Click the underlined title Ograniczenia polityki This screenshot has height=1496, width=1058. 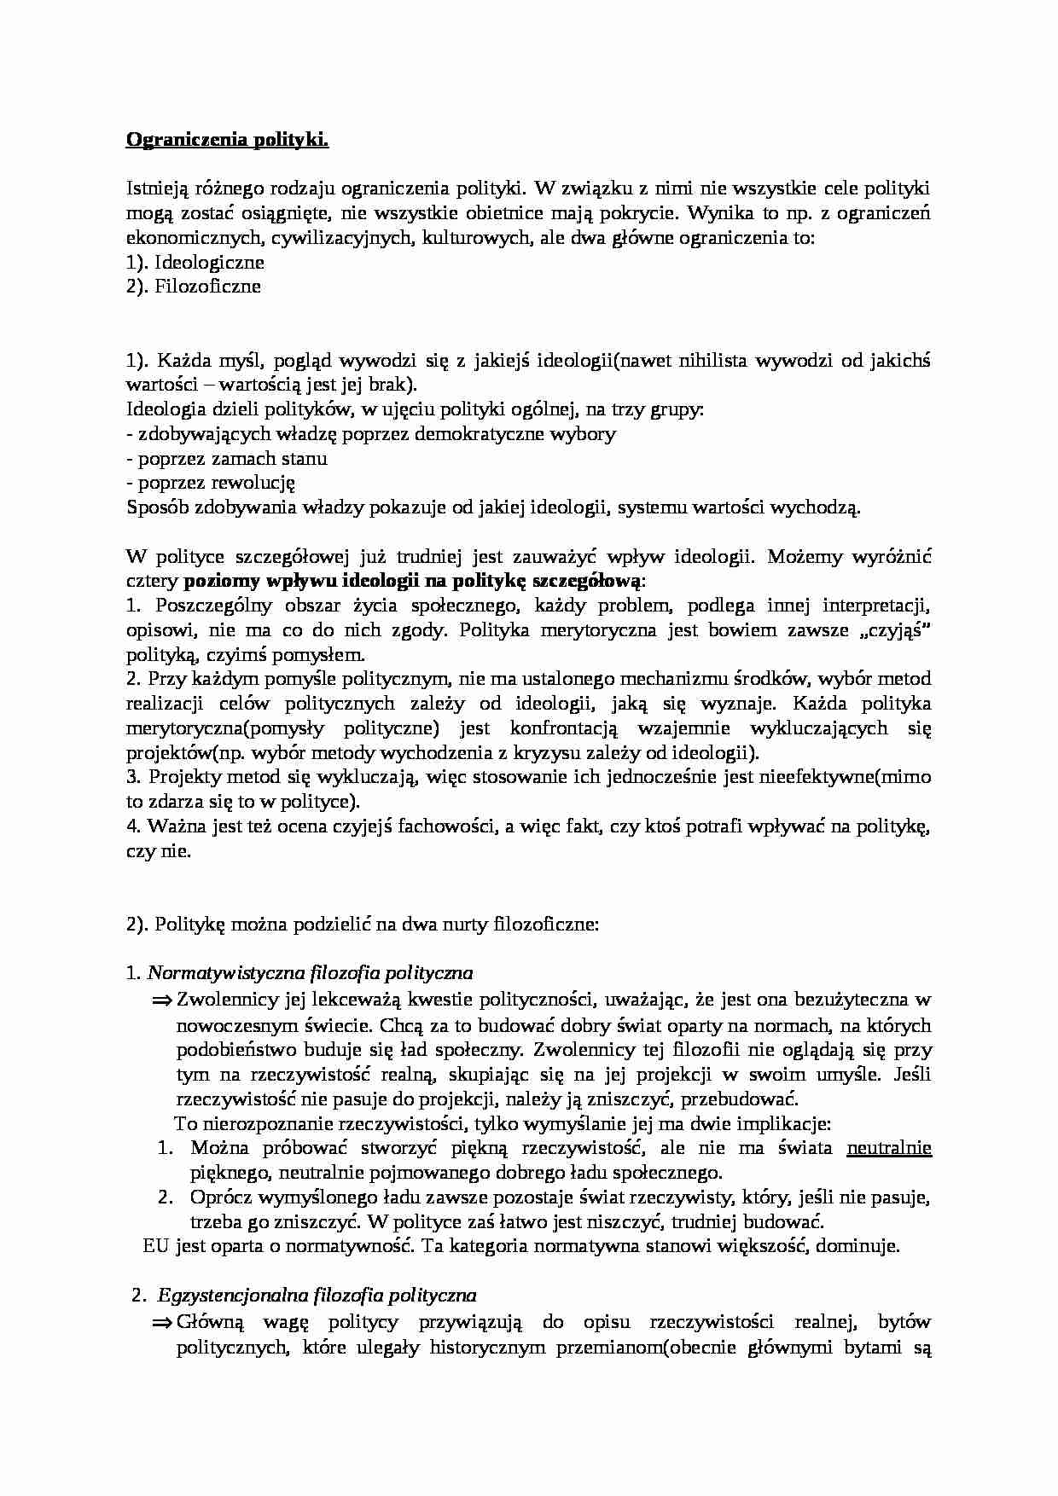pos(227,140)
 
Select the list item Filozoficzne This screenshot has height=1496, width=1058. pos(207,287)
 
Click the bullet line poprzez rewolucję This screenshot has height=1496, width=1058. pos(211,484)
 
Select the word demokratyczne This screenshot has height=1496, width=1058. pos(485,434)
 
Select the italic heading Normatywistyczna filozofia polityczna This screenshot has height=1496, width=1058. pos(311,973)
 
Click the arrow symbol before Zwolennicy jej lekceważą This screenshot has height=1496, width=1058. pos(162,1000)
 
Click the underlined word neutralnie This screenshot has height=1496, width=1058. pos(888,1148)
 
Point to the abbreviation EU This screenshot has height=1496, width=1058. pos(156,1246)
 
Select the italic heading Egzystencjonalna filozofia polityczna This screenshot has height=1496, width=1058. pos(317,1296)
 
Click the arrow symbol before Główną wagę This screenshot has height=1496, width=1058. pos(162,1322)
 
